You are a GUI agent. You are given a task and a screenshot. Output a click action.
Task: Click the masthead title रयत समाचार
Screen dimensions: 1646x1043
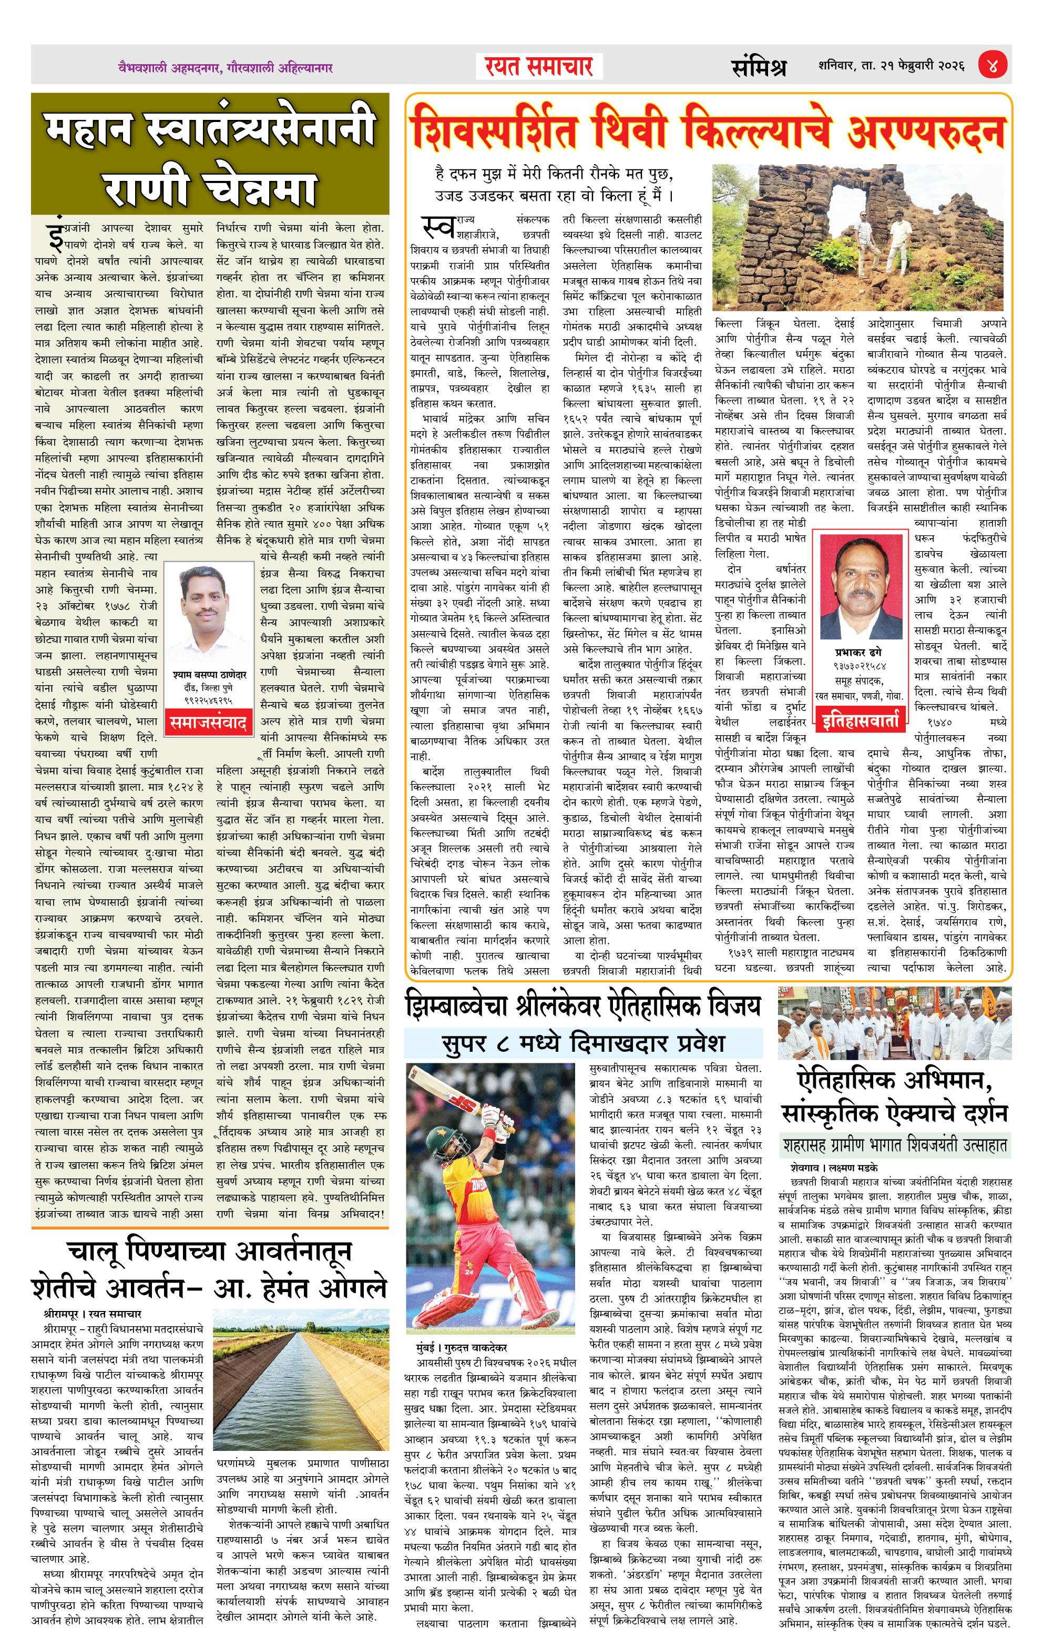(x=539, y=66)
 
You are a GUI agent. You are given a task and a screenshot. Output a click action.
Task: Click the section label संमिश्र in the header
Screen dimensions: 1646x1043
(x=759, y=67)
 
